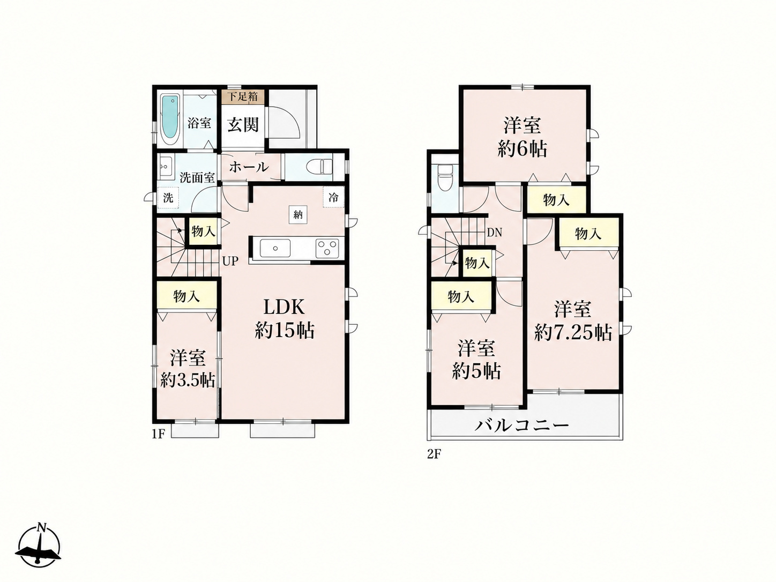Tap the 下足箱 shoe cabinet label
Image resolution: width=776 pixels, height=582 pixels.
tap(243, 96)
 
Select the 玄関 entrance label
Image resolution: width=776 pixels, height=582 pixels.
tap(243, 124)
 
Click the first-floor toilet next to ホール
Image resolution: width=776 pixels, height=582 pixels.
tap(320, 167)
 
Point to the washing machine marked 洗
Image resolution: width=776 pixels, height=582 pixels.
tap(168, 198)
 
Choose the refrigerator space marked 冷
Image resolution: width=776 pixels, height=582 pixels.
tap(333, 197)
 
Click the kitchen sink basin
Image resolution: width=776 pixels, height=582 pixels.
tap(275, 249)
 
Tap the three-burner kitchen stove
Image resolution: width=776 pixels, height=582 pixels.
tap(327, 248)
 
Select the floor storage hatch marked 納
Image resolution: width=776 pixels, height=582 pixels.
tap(297, 214)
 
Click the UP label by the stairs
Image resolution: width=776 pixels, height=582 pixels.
tap(230, 261)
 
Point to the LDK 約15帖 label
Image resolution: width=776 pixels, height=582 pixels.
tap(285, 319)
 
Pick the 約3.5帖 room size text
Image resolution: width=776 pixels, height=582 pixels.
tap(188, 381)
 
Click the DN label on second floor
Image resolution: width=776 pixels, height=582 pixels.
tap(494, 233)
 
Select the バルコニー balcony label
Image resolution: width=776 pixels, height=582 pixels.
tap(522, 426)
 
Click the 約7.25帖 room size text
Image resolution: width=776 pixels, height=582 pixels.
tap(573, 332)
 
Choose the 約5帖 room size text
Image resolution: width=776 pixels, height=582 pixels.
tap(476, 371)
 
